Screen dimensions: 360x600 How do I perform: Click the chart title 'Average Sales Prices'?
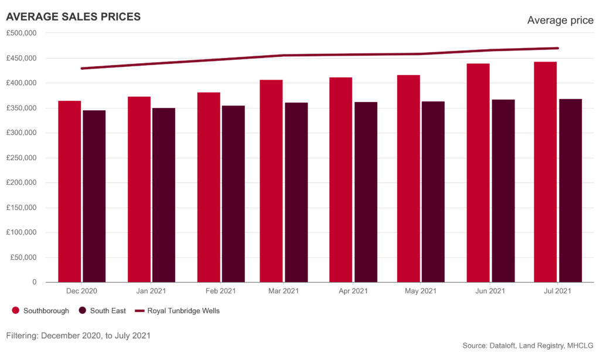coord(73,18)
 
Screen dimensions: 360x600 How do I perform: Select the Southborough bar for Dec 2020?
coord(70,191)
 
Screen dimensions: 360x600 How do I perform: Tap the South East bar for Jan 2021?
coord(163,194)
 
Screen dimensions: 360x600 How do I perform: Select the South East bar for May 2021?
coord(433,191)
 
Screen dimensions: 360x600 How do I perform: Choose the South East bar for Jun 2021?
coord(503,190)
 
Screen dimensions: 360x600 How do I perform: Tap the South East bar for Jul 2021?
coord(570,190)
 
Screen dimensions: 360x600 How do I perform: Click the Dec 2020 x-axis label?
coord(82,291)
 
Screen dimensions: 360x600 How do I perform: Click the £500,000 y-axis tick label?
coord(22,33)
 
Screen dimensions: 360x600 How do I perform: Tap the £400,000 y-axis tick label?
coord(22,83)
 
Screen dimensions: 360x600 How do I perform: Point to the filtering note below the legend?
coord(79,336)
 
